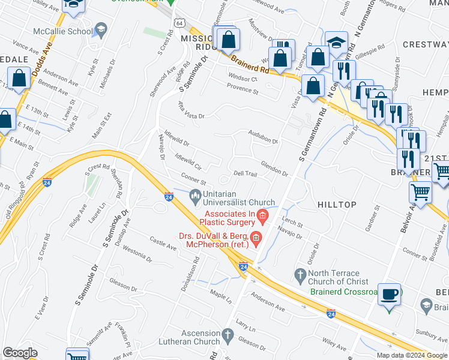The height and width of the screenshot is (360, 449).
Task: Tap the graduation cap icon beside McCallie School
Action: point(100,30)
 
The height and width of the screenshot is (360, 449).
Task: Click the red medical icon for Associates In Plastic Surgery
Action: point(262,215)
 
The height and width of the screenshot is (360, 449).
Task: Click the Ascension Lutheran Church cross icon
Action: point(227,334)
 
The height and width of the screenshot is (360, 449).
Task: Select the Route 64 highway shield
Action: point(180,22)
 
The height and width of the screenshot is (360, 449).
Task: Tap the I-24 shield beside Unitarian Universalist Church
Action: point(169,196)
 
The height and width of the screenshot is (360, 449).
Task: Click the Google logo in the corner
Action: point(19,353)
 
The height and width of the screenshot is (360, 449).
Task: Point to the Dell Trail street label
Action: point(245,173)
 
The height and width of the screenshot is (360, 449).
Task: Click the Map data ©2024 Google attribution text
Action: point(412,355)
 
